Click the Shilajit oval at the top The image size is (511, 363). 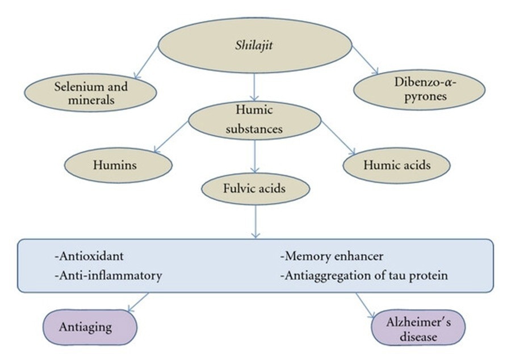[x=254, y=46]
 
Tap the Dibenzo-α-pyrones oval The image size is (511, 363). [x=419, y=90]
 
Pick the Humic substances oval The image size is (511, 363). [x=254, y=120]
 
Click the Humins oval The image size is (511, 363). [x=118, y=164]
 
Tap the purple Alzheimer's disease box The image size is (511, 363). [x=418, y=328]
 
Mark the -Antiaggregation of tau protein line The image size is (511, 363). [x=364, y=276]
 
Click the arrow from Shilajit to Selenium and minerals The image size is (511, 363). [x=146, y=63]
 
